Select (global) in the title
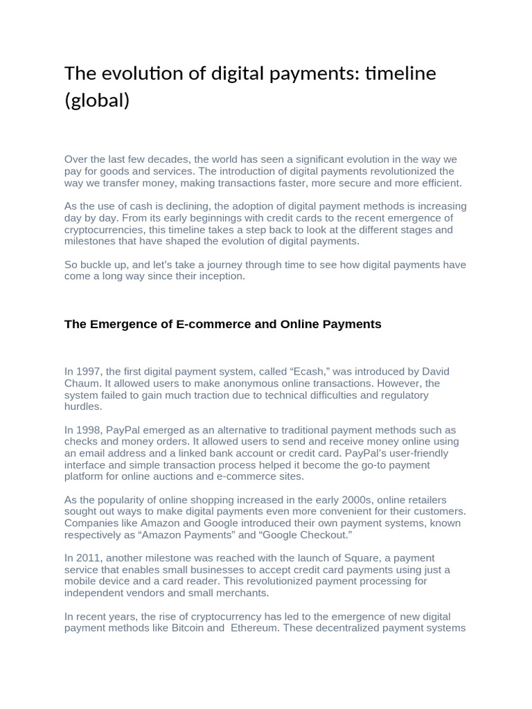click(x=97, y=100)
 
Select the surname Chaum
click(x=83, y=384)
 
